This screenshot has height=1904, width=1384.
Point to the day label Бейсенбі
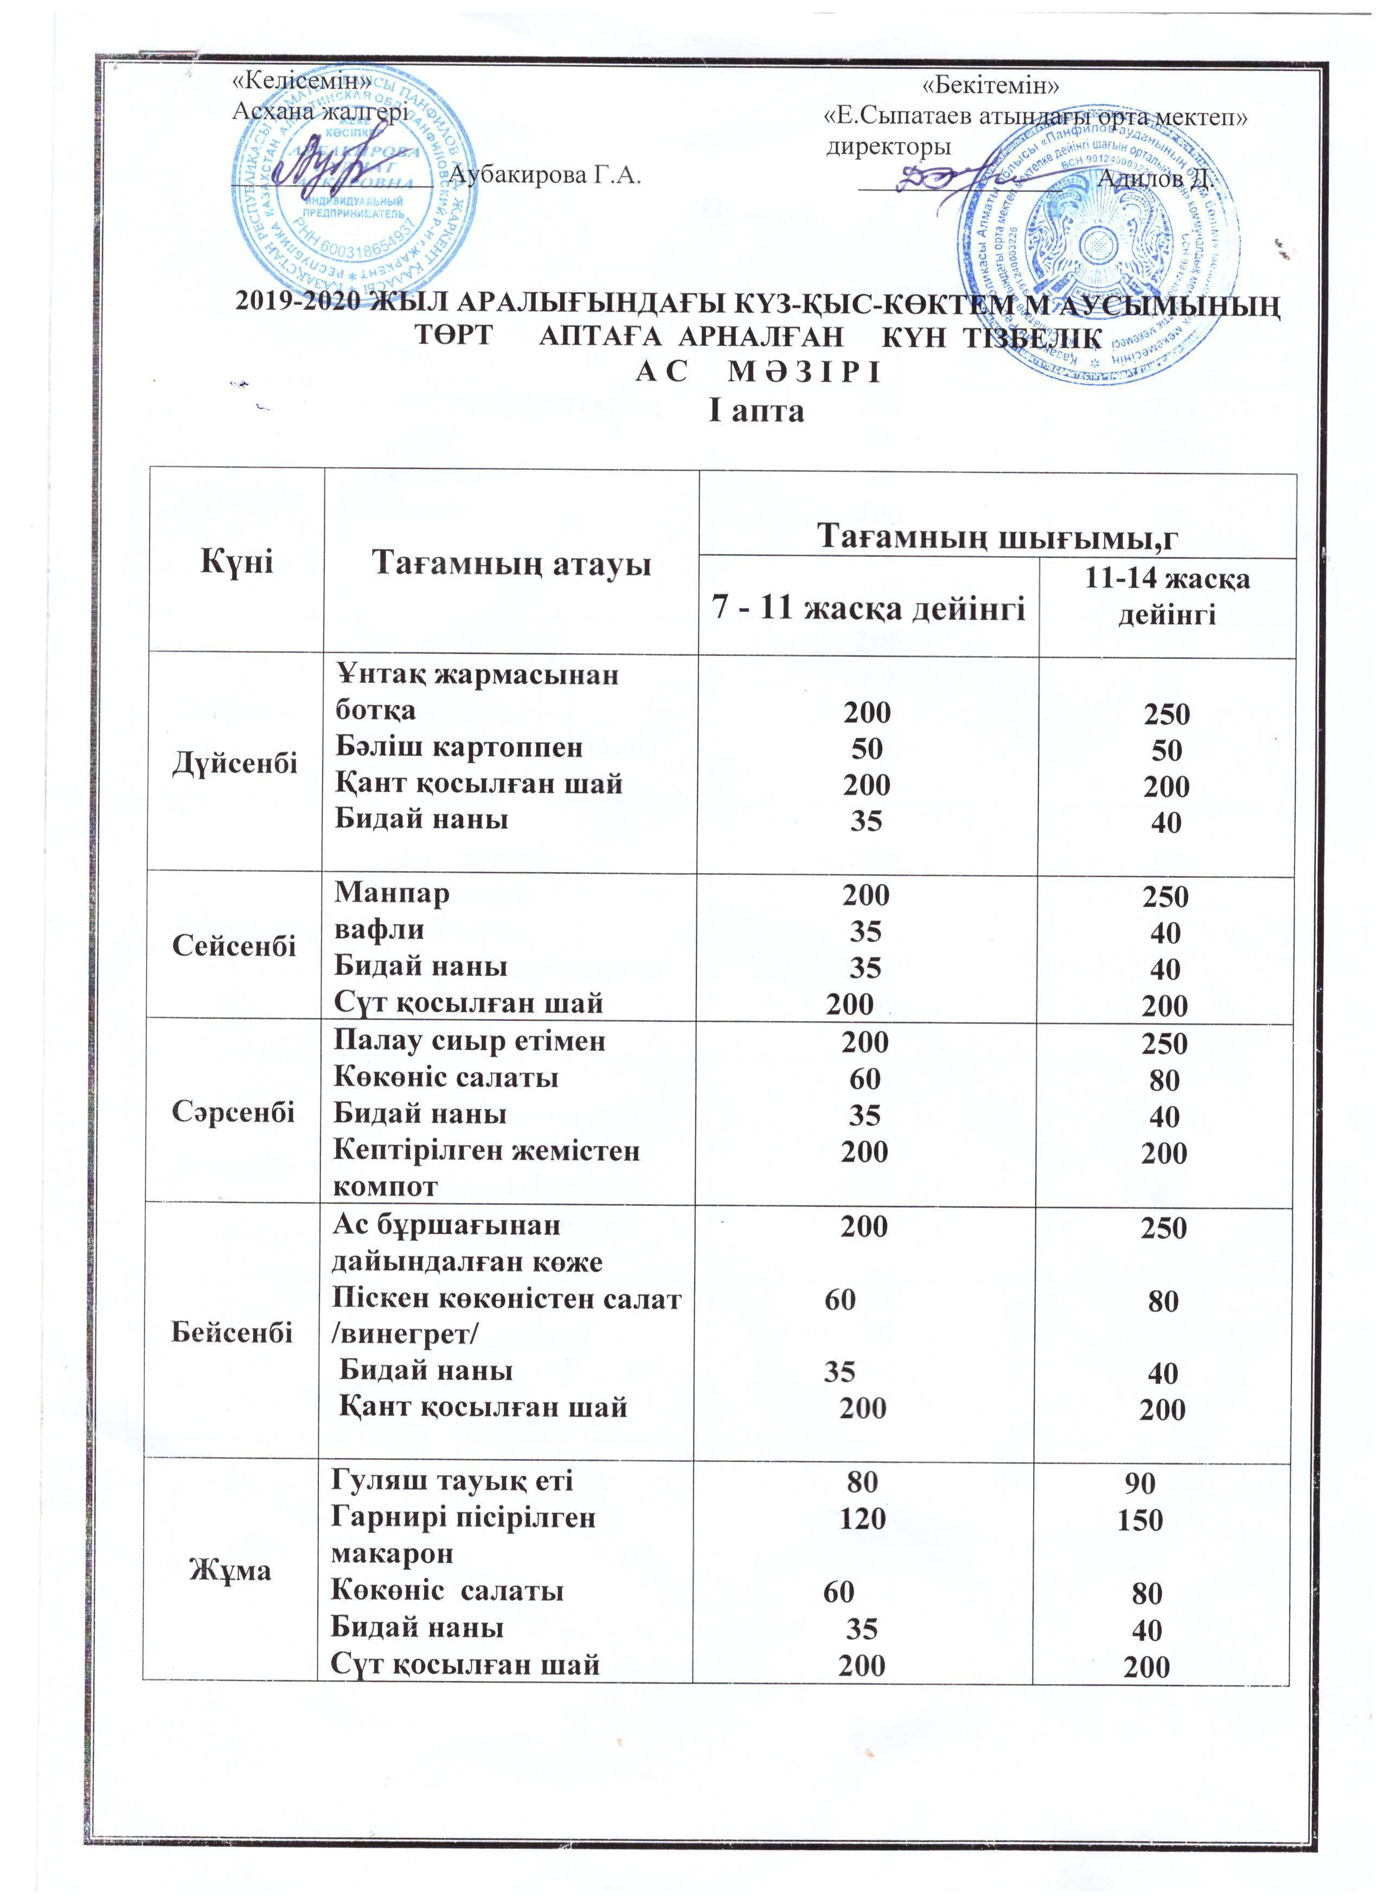(233, 1333)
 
